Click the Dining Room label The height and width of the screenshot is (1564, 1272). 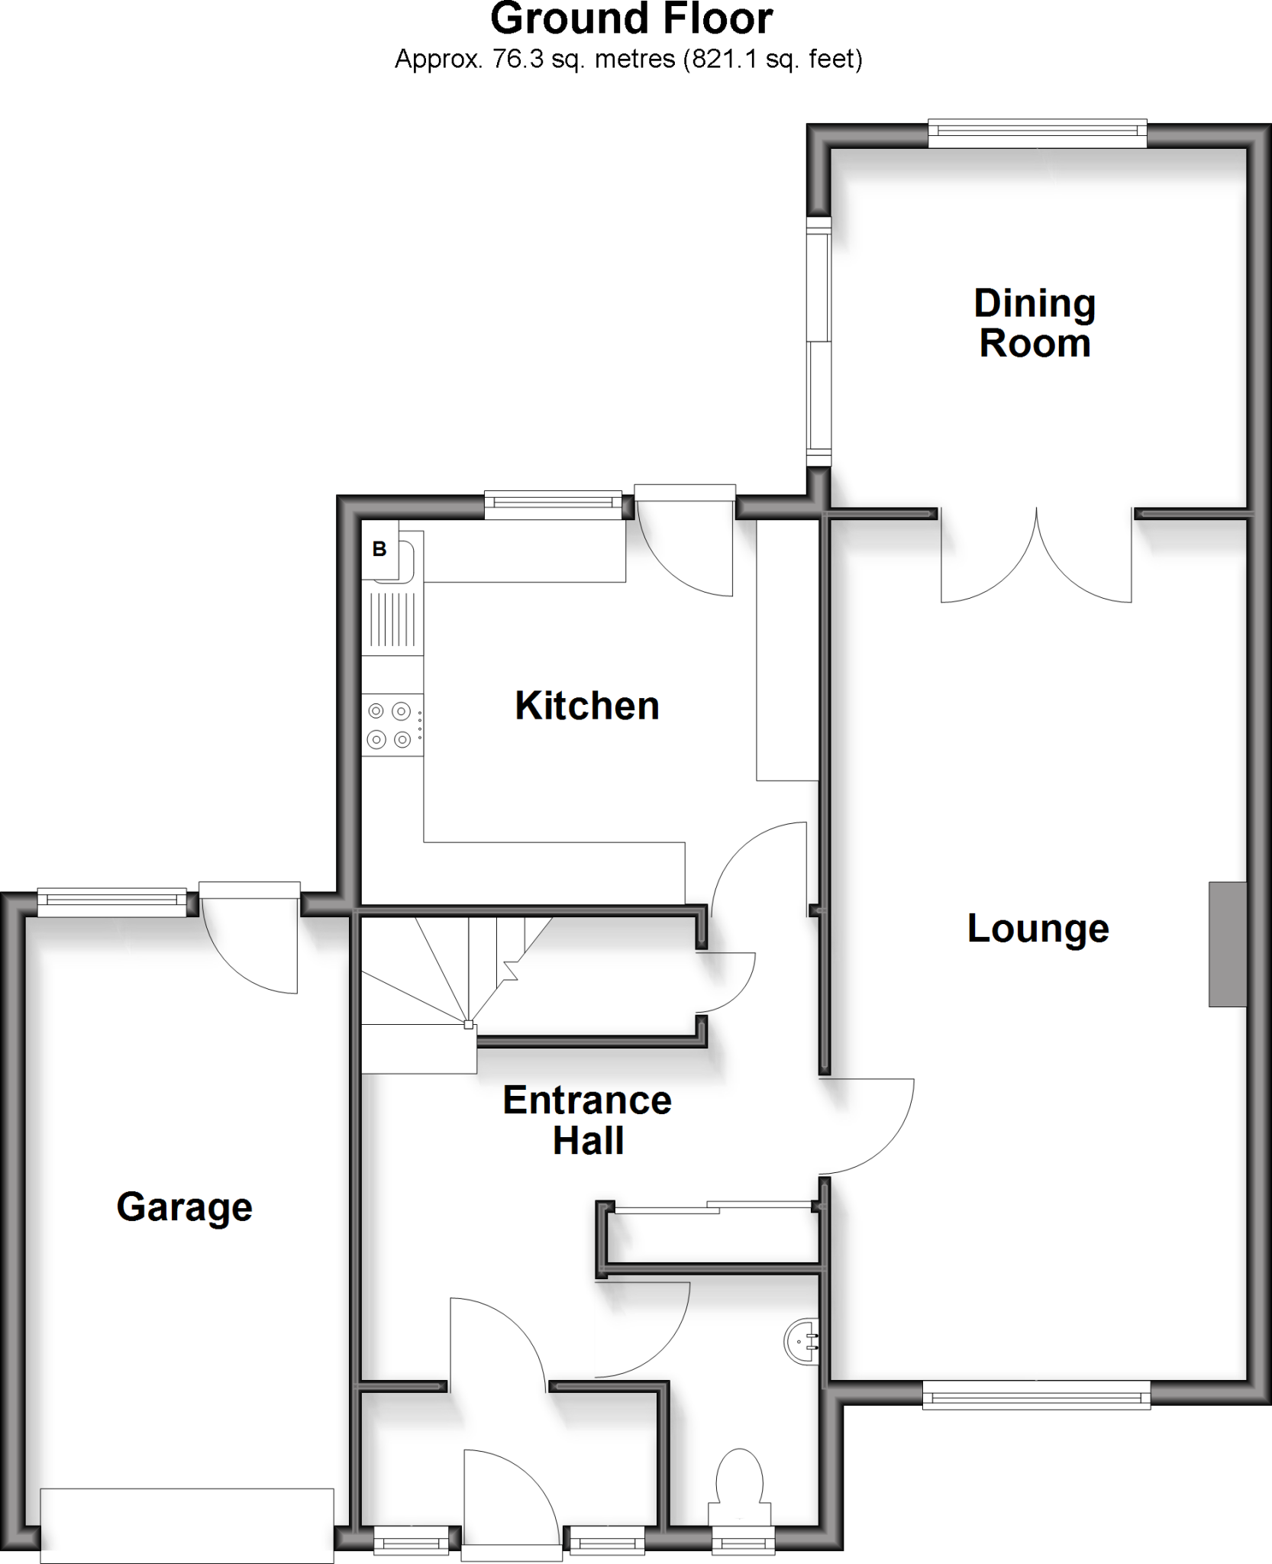coord(1035,323)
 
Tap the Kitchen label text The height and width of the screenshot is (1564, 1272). coord(586,706)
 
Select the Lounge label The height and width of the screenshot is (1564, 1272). coord(1038,929)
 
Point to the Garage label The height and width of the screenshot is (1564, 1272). coord(184,1207)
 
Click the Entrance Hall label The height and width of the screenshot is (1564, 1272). coord(587,1120)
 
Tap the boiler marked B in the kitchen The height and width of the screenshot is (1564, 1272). coord(379,548)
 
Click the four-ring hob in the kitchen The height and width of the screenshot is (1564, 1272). coord(392,725)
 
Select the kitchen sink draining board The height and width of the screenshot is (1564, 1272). coord(392,619)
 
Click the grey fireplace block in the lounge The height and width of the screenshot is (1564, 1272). coord(1227,944)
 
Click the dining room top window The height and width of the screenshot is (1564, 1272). coord(1038,134)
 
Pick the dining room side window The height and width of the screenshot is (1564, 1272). coord(818,341)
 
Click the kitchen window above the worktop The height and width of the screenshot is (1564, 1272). coord(554,505)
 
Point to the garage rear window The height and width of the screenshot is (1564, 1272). coord(112,903)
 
